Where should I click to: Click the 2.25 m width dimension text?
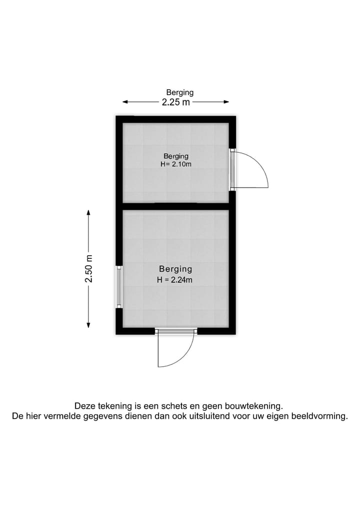175,102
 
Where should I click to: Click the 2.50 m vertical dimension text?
89,269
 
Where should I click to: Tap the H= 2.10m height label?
175,164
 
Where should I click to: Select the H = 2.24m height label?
175,280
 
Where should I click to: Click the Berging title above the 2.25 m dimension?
179,92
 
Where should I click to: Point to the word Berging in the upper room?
175,156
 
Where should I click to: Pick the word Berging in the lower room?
175,269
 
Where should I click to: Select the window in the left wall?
119,287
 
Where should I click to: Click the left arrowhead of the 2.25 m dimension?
125,102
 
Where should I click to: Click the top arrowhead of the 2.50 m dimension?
89,212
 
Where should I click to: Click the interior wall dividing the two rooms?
175,206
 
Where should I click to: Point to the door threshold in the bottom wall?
175,330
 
